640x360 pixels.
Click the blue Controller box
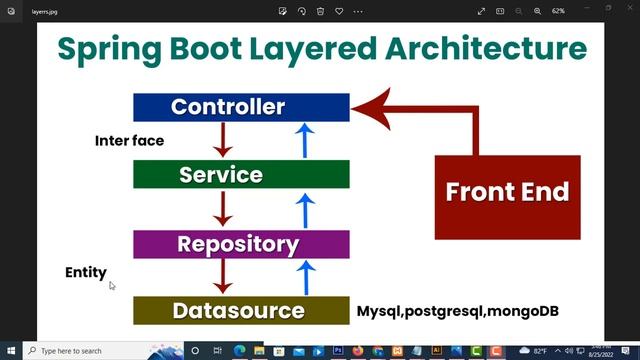(241, 107)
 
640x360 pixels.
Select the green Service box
(241, 175)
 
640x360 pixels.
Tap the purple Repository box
(241, 244)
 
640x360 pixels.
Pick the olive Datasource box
(241, 310)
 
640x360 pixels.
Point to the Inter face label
(129, 141)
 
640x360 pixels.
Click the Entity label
(85, 272)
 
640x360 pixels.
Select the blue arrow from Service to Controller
(306, 139)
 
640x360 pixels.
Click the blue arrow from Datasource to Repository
(306, 276)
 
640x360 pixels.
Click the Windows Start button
(11, 351)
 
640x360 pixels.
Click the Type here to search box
(85, 351)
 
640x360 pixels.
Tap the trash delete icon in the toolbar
(320, 11)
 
